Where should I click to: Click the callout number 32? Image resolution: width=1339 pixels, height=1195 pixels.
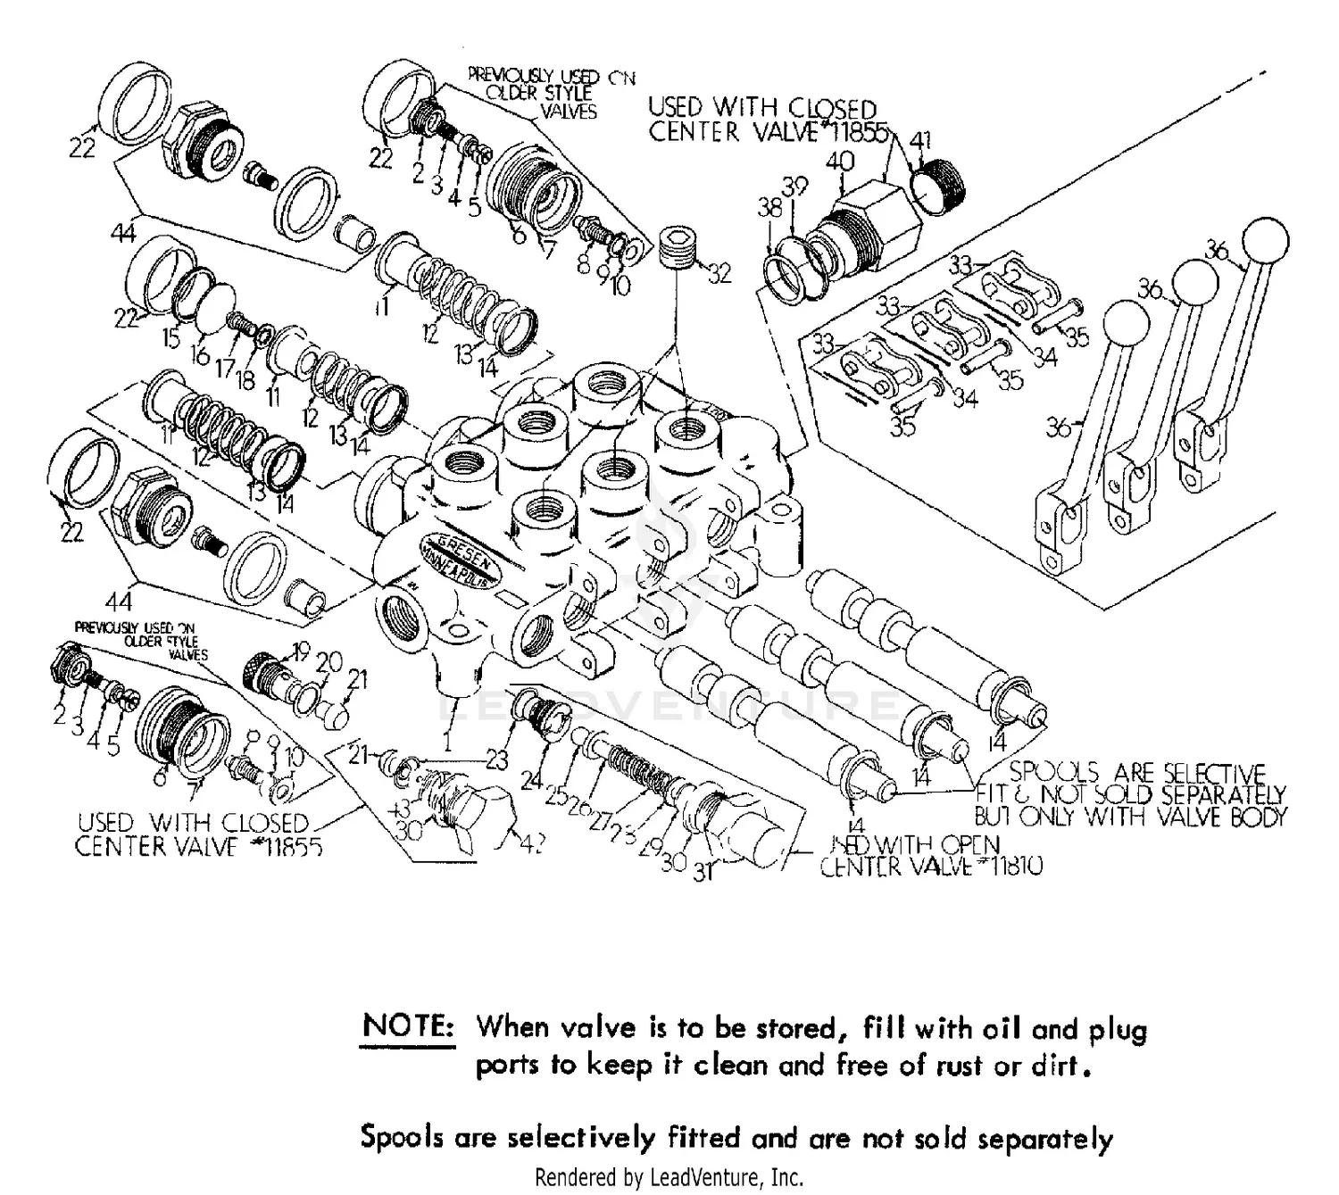coord(719,272)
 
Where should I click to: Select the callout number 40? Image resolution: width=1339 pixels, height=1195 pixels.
coord(839,162)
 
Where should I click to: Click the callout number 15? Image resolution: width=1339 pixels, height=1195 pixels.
coord(170,339)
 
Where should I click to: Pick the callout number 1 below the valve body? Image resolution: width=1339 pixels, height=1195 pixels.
coord(448,742)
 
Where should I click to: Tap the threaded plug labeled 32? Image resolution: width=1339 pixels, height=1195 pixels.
coord(678,246)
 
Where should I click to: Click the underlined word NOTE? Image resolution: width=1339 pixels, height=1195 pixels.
coord(408,1026)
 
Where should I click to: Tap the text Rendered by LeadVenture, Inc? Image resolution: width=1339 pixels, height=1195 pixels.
coord(669,1178)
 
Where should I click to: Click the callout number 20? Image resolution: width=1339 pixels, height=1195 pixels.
coord(329,662)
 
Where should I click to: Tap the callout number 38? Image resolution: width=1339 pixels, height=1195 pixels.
coord(769,208)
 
